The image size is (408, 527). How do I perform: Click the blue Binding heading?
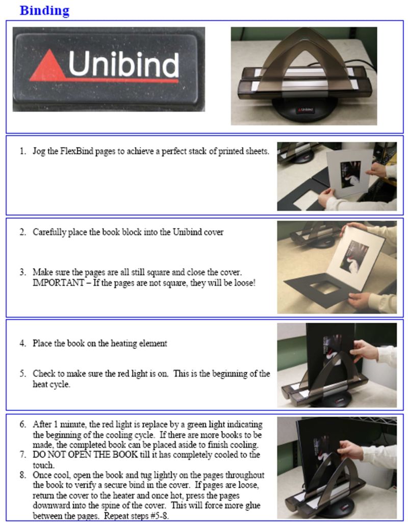tap(44, 10)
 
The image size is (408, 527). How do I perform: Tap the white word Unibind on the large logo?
tap(123, 64)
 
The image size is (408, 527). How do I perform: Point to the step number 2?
tap(22, 232)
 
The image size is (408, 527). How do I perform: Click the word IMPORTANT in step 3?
tap(58, 283)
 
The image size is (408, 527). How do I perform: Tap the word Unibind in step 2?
tap(187, 232)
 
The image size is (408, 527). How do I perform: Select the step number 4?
tap(22, 344)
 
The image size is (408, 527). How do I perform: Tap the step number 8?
tap(22, 475)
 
